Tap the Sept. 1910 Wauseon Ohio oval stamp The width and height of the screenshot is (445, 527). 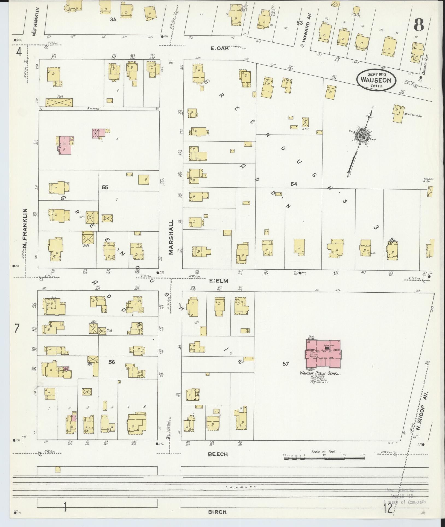click(x=376, y=80)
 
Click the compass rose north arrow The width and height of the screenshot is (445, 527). click(x=362, y=136)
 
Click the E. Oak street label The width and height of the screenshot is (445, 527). click(x=220, y=49)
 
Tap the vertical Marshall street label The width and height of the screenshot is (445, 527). click(x=171, y=237)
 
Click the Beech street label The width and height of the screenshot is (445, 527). click(x=218, y=454)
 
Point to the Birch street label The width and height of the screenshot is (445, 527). click(x=217, y=512)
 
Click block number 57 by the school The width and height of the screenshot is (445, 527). click(x=286, y=364)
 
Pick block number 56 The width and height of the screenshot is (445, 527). click(x=112, y=362)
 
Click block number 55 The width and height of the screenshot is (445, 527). click(x=105, y=187)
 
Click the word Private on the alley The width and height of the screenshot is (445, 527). click(x=93, y=109)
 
